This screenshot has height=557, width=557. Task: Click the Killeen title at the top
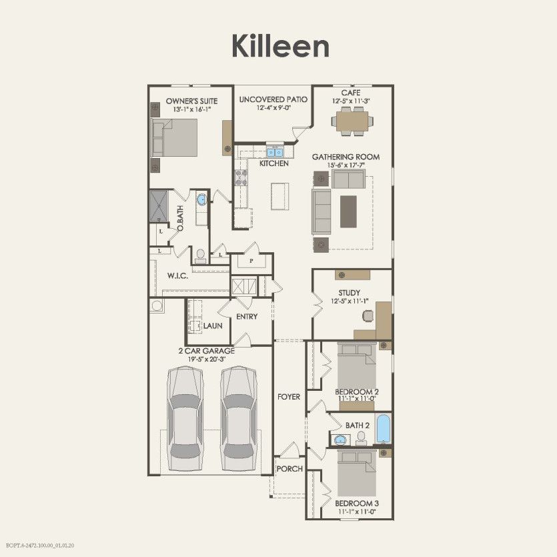point(280,46)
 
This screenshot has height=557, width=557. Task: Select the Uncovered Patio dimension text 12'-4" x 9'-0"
point(273,109)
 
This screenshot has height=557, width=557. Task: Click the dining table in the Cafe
point(352,121)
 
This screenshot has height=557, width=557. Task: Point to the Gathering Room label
point(346,157)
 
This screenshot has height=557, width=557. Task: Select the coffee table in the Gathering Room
point(348,211)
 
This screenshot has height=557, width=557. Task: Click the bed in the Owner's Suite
point(176,137)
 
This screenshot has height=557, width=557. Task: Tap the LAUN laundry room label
point(213,326)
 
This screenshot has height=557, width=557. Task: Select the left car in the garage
point(185,419)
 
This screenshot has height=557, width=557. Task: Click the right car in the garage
point(239,419)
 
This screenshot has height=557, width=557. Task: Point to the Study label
point(349,293)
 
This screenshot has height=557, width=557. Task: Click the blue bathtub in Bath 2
point(383,429)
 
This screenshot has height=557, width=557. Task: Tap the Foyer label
point(289,397)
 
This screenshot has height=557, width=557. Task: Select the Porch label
point(290,469)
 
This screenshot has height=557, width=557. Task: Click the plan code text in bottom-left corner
point(41,545)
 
